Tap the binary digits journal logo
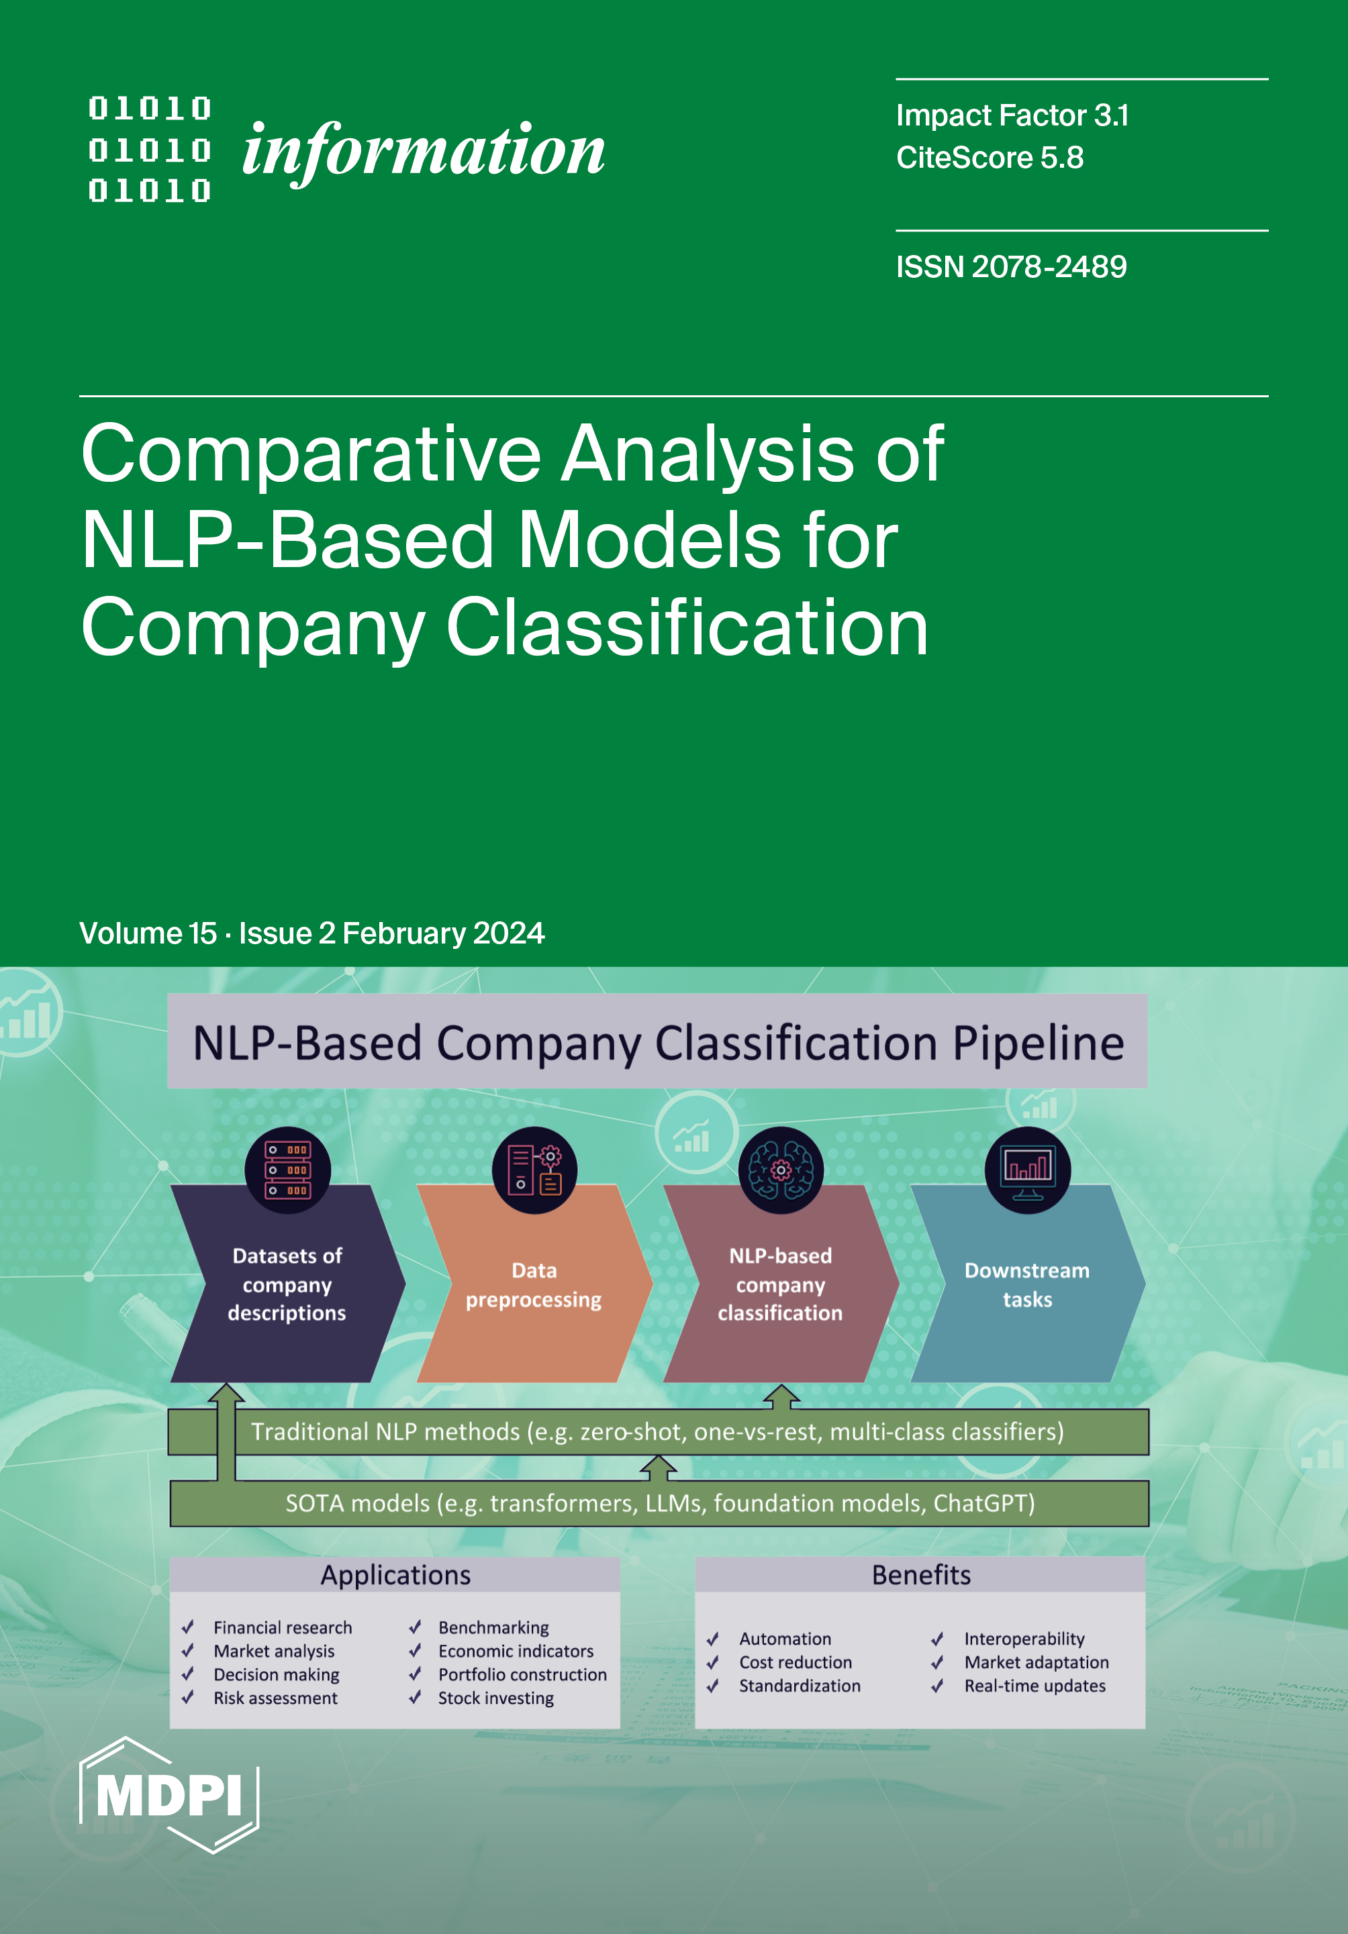pos(150,150)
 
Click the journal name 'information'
pos(423,152)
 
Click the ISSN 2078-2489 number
pos(1011,267)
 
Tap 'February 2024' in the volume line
pos(443,933)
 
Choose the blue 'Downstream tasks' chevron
pos(1027,1284)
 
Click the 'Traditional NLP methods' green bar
pos(657,1432)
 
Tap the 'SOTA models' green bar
pos(660,1504)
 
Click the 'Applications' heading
pos(395,1575)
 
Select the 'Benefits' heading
pos(921,1575)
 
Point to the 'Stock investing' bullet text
pos(495,1698)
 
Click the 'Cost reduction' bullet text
pos(796,1662)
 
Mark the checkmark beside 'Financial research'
pos(189,1627)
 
